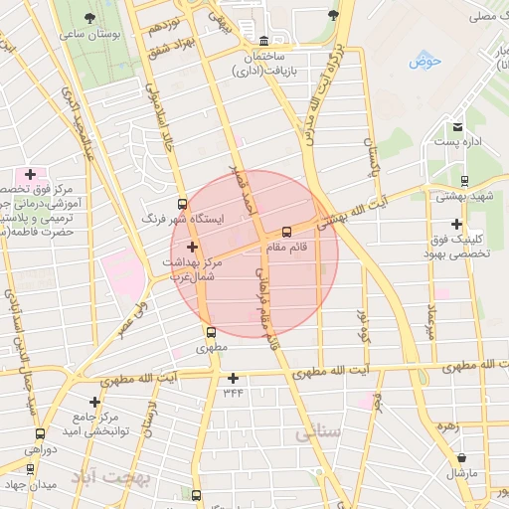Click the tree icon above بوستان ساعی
(x=90, y=19)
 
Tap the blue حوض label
(x=424, y=62)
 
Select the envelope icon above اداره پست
(x=457, y=127)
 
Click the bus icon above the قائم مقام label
(x=287, y=232)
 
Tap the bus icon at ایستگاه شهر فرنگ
(x=181, y=204)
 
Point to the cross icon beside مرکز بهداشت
(x=192, y=248)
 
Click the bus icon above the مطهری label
(x=211, y=333)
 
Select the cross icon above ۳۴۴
(x=234, y=378)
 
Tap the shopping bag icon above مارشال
(x=461, y=457)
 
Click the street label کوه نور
(x=363, y=324)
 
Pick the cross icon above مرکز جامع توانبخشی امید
(x=95, y=403)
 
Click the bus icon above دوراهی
(x=40, y=434)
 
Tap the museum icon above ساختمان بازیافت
(x=262, y=42)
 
